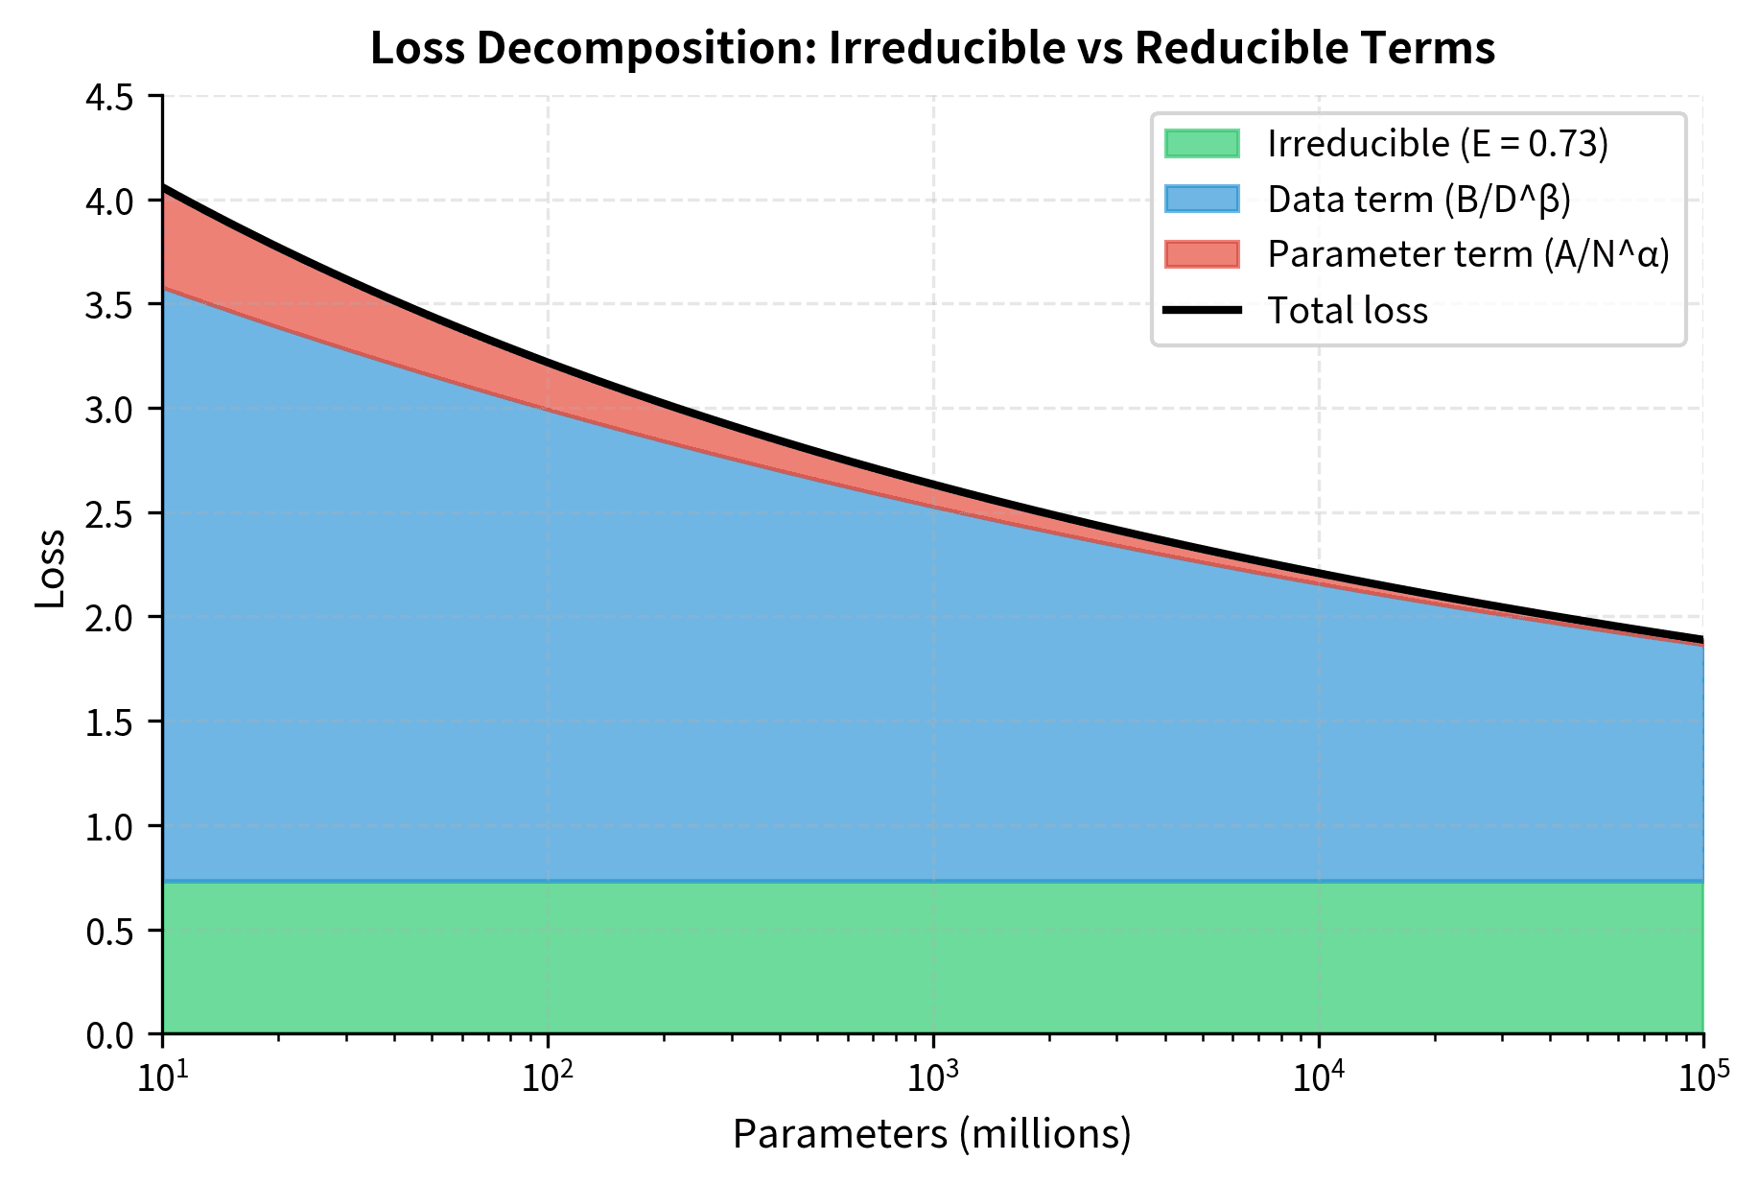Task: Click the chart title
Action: pyautogui.click(x=932, y=48)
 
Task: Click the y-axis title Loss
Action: pyautogui.click(x=50, y=568)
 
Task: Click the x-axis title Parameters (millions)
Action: pyautogui.click(x=932, y=1134)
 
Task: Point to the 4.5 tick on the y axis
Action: pyautogui.click(x=111, y=97)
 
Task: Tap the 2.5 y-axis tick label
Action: pyautogui.click(x=111, y=513)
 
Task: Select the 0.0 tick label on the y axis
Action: pyautogui.click(x=111, y=1034)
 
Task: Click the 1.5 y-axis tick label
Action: pyautogui.click(x=111, y=722)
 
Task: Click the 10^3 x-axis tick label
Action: pyautogui.click(x=932, y=1078)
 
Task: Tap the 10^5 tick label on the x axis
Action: pyautogui.click(x=1702, y=1078)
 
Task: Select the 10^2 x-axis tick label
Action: pyautogui.click(x=547, y=1078)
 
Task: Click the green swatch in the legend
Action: pyautogui.click(x=1202, y=144)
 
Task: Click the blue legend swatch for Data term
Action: pyautogui.click(x=1202, y=200)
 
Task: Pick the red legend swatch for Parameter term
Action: pyautogui.click(x=1202, y=254)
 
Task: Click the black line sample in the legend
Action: pyautogui.click(x=1202, y=310)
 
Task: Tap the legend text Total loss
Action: pyautogui.click(x=1348, y=310)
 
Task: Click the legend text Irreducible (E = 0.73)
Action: pyautogui.click(x=1437, y=144)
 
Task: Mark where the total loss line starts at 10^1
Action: pyautogui.click(x=164, y=187)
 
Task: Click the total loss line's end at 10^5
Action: pyautogui.click(x=1702, y=639)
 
